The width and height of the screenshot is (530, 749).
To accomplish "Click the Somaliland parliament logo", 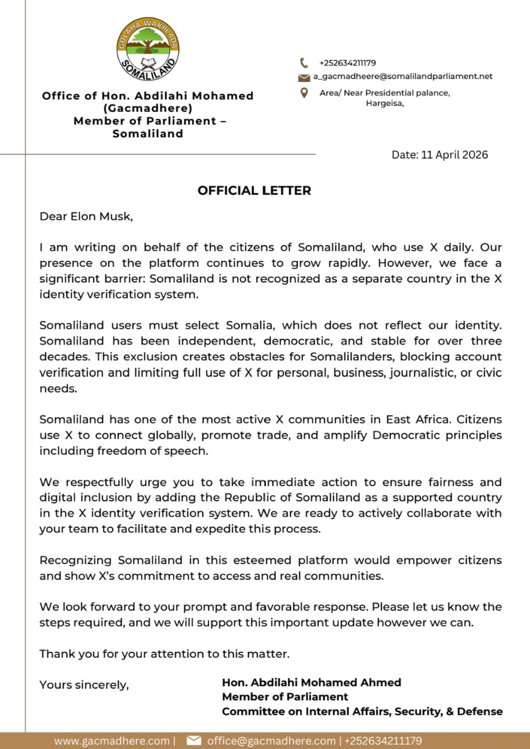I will pyautogui.click(x=148, y=49).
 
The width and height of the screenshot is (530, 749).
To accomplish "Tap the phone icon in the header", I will pyautogui.click(x=304, y=63).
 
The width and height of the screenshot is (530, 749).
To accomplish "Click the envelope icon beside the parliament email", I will pyautogui.click(x=304, y=78).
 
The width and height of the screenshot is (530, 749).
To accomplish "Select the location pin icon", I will pyautogui.click(x=304, y=93).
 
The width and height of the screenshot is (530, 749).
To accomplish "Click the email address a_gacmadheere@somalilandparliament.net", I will pyautogui.click(x=403, y=77).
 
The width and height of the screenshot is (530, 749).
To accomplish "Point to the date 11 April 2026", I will pyautogui.click(x=454, y=155).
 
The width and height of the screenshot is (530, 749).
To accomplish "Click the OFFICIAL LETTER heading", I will pyautogui.click(x=254, y=190).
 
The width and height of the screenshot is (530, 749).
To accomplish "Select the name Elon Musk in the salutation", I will pyautogui.click(x=101, y=216).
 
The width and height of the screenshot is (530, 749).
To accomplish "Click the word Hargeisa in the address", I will pyautogui.click(x=384, y=103).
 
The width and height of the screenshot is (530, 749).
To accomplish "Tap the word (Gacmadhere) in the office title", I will pyautogui.click(x=148, y=109).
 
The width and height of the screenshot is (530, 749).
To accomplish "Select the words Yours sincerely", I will pyautogui.click(x=84, y=685).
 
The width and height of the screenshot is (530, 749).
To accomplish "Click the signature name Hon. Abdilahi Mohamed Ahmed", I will pyautogui.click(x=312, y=682).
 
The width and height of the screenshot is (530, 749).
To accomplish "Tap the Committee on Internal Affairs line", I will pyautogui.click(x=362, y=711).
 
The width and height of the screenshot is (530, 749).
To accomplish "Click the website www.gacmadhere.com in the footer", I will pyautogui.click(x=112, y=741).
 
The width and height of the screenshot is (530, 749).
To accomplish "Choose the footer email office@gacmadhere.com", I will pyautogui.click(x=271, y=741).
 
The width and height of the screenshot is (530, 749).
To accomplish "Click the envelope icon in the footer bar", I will pyautogui.click(x=194, y=741).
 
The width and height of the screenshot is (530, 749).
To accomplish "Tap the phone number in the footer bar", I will pyautogui.click(x=383, y=741).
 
